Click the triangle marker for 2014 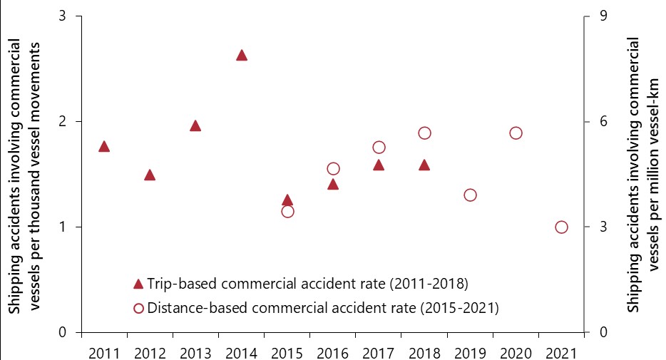click(242, 56)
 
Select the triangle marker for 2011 click(104, 146)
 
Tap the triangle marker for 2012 click(150, 175)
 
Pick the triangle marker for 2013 click(195, 126)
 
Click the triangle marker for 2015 click(287, 200)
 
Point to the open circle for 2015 click(287, 211)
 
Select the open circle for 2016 click(333, 169)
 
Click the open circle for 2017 click(379, 147)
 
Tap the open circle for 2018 click(424, 133)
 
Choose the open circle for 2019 click(470, 195)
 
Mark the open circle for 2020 click(516, 133)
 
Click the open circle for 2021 click(561, 227)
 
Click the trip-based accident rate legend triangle click(138, 284)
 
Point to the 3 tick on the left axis click(63, 16)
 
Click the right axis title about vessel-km click(643, 174)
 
